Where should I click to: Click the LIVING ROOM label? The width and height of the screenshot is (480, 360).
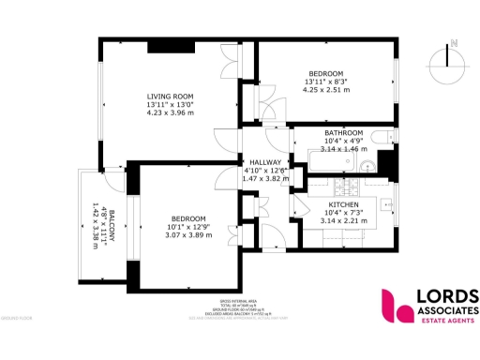[170, 96]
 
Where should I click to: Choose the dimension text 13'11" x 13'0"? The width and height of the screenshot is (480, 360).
[170, 104]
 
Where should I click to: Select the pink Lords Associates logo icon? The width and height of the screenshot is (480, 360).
[394, 306]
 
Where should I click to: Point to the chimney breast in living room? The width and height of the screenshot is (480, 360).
[170, 47]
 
